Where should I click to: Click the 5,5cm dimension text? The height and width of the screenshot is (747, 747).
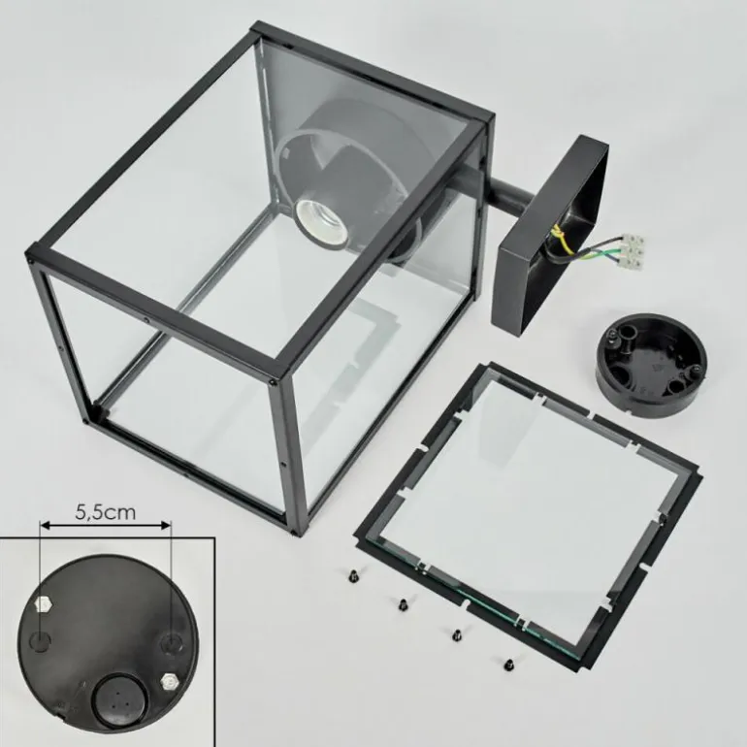[x=106, y=512]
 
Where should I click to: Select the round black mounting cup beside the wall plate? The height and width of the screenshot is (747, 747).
[x=651, y=365]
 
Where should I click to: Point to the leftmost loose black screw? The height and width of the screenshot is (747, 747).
[x=354, y=575]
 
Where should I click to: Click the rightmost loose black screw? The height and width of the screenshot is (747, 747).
[x=508, y=664]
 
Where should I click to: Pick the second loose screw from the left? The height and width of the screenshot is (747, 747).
[x=403, y=604]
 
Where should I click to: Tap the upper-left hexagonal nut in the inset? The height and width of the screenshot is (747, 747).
[x=44, y=605]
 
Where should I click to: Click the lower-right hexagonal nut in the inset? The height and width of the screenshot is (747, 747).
[x=169, y=682]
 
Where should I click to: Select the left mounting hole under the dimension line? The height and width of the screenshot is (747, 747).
[x=40, y=641]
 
